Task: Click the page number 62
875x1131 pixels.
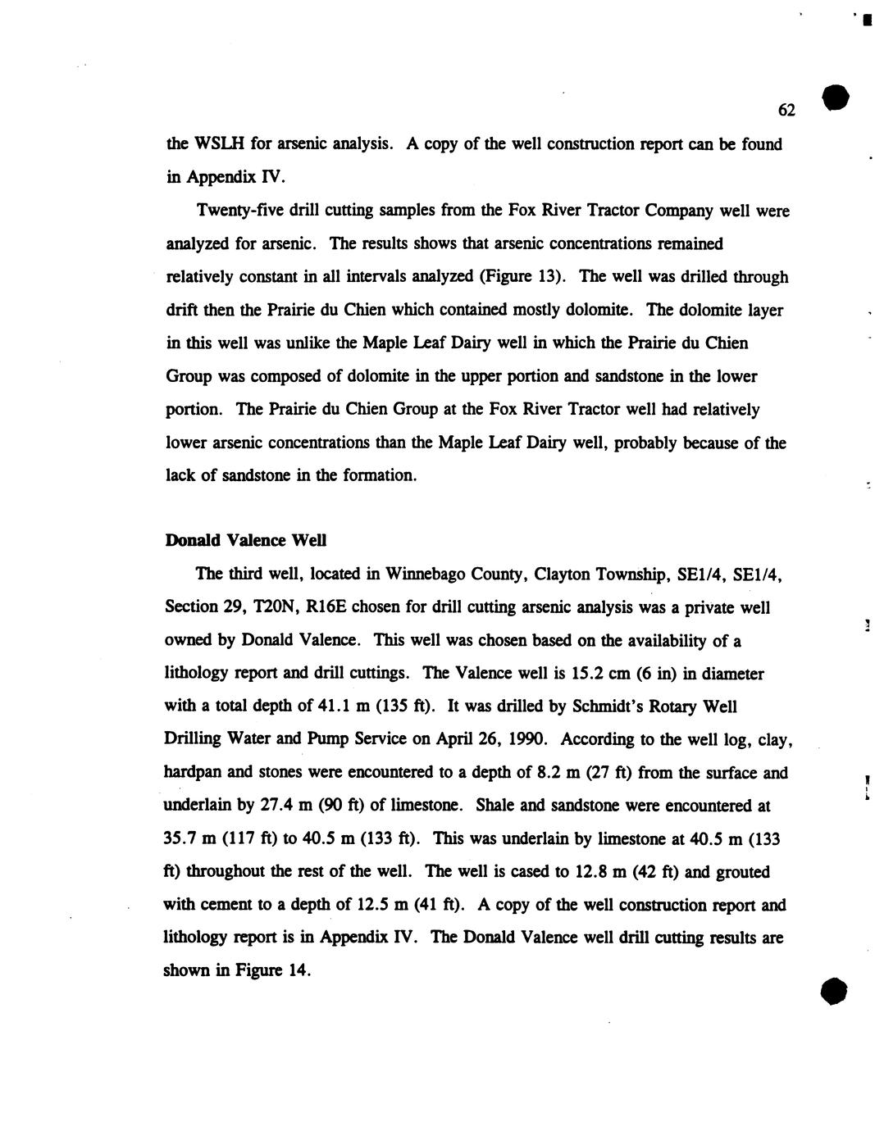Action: (x=786, y=110)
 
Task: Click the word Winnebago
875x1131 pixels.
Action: (x=424, y=574)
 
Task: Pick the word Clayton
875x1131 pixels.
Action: (x=562, y=574)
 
